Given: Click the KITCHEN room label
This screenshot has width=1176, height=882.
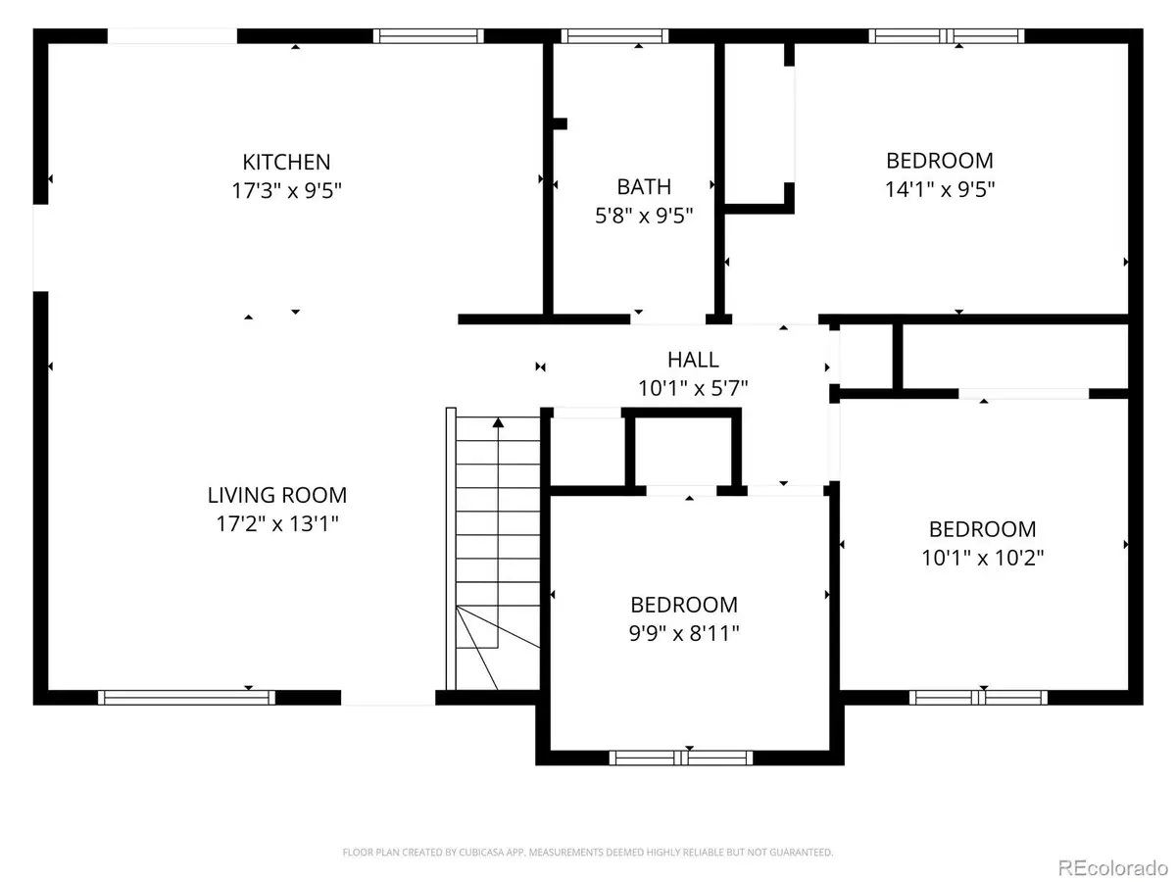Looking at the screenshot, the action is (x=286, y=162).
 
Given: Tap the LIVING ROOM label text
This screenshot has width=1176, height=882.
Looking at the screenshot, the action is (x=277, y=495).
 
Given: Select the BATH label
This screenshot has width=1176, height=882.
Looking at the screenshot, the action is (x=644, y=187).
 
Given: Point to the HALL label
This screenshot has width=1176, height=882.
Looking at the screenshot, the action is (x=693, y=360).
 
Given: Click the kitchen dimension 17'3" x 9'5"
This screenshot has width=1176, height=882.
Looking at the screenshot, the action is (x=286, y=190).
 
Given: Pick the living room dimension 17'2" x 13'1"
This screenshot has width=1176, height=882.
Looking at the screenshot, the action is (x=277, y=523).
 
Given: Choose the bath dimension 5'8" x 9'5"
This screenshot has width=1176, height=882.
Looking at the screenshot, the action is (x=644, y=216).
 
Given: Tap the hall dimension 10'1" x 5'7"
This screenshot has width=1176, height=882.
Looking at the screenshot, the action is (x=693, y=388).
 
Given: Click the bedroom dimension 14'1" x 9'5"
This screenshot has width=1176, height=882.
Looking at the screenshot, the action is (x=940, y=189).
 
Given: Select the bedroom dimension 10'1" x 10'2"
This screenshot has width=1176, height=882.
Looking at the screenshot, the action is (x=983, y=558).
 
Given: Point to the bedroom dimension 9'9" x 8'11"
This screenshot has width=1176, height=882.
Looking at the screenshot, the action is (x=684, y=633).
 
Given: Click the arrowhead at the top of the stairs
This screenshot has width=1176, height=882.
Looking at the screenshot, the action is (x=498, y=422).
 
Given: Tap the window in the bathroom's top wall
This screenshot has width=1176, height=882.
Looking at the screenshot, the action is (x=614, y=36).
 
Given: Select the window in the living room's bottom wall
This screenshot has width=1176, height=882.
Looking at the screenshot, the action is (x=186, y=697).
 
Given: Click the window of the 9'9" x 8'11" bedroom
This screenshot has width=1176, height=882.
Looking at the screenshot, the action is (x=681, y=758).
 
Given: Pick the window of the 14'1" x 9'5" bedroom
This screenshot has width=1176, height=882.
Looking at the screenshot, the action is (x=946, y=36).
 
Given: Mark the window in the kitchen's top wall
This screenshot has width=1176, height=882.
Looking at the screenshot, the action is (x=428, y=36).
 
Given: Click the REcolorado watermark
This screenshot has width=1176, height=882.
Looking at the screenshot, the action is (x=1112, y=867).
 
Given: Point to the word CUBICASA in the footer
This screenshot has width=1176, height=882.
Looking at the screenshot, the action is (x=477, y=852).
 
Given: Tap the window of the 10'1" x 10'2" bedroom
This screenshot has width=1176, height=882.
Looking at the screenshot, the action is (x=978, y=697).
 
